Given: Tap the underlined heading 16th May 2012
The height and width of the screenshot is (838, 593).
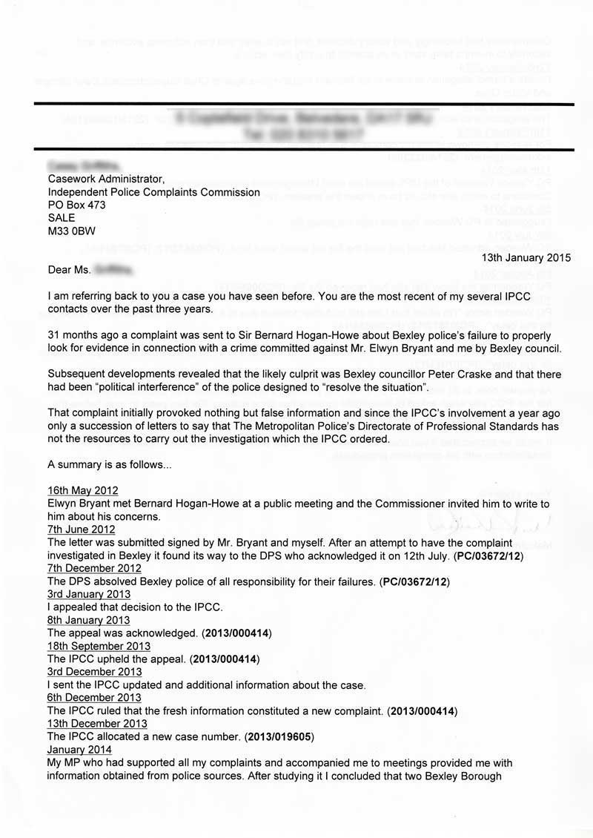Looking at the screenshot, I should click(82, 491).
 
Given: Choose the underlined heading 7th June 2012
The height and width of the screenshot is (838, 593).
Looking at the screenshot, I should click(82, 529).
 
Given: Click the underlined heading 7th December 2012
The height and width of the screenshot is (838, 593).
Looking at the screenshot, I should click(94, 568).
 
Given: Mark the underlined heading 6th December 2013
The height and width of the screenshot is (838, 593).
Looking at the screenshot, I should click(90, 697).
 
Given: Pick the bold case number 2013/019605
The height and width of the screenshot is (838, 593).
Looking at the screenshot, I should click(273, 736).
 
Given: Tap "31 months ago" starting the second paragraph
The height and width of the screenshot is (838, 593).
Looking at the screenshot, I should click(82, 334).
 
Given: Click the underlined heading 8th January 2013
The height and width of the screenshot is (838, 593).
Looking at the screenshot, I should click(84, 620).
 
